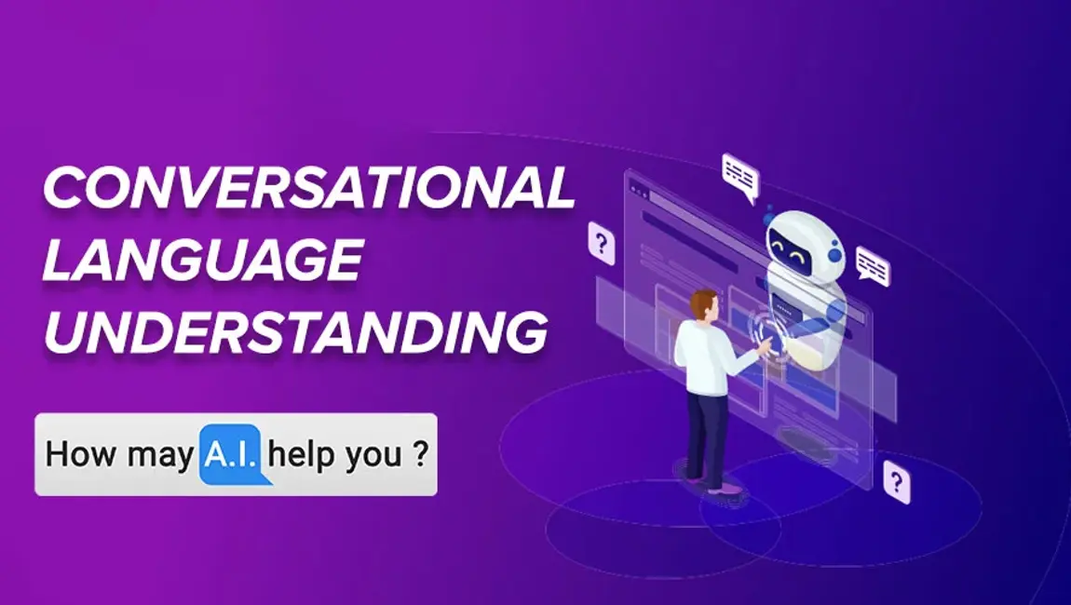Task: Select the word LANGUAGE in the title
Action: pos(201,261)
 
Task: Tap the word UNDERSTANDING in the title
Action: pos(294,331)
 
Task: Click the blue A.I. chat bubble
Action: pos(232,456)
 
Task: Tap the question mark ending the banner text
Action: pos(420,456)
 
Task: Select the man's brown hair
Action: pos(704,302)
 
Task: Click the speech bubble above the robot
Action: pos(740,176)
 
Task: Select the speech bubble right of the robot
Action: pos(873,265)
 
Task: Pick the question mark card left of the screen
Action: pos(602,244)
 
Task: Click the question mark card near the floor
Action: pos(896,481)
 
